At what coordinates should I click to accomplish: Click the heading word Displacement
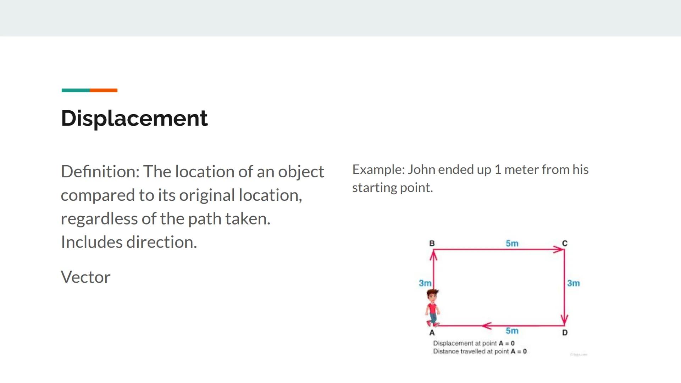point(134,118)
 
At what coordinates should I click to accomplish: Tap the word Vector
point(85,277)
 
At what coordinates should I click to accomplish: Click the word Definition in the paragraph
point(100,172)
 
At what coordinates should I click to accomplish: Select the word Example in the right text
point(378,170)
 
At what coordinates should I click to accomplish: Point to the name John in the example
point(421,170)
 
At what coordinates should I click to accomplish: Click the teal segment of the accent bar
point(76,90)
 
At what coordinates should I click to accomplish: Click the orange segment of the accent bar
point(104,90)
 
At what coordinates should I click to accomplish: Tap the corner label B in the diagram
point(432,244)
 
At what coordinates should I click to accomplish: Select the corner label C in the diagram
point(565,244)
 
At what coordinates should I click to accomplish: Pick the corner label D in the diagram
point(565,333)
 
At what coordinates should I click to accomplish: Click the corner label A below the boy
point(432,333)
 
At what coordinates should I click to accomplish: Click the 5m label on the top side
point(512,244)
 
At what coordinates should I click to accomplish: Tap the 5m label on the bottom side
point(512,331)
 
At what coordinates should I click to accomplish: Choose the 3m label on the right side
point(573,283)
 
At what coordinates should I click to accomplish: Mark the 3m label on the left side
point(425,283)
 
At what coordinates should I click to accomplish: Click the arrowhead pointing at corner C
point(559,250)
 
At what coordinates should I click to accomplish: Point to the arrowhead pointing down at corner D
point(564,320)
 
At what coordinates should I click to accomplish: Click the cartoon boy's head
point(432,295)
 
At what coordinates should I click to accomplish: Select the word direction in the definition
point(161,243)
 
